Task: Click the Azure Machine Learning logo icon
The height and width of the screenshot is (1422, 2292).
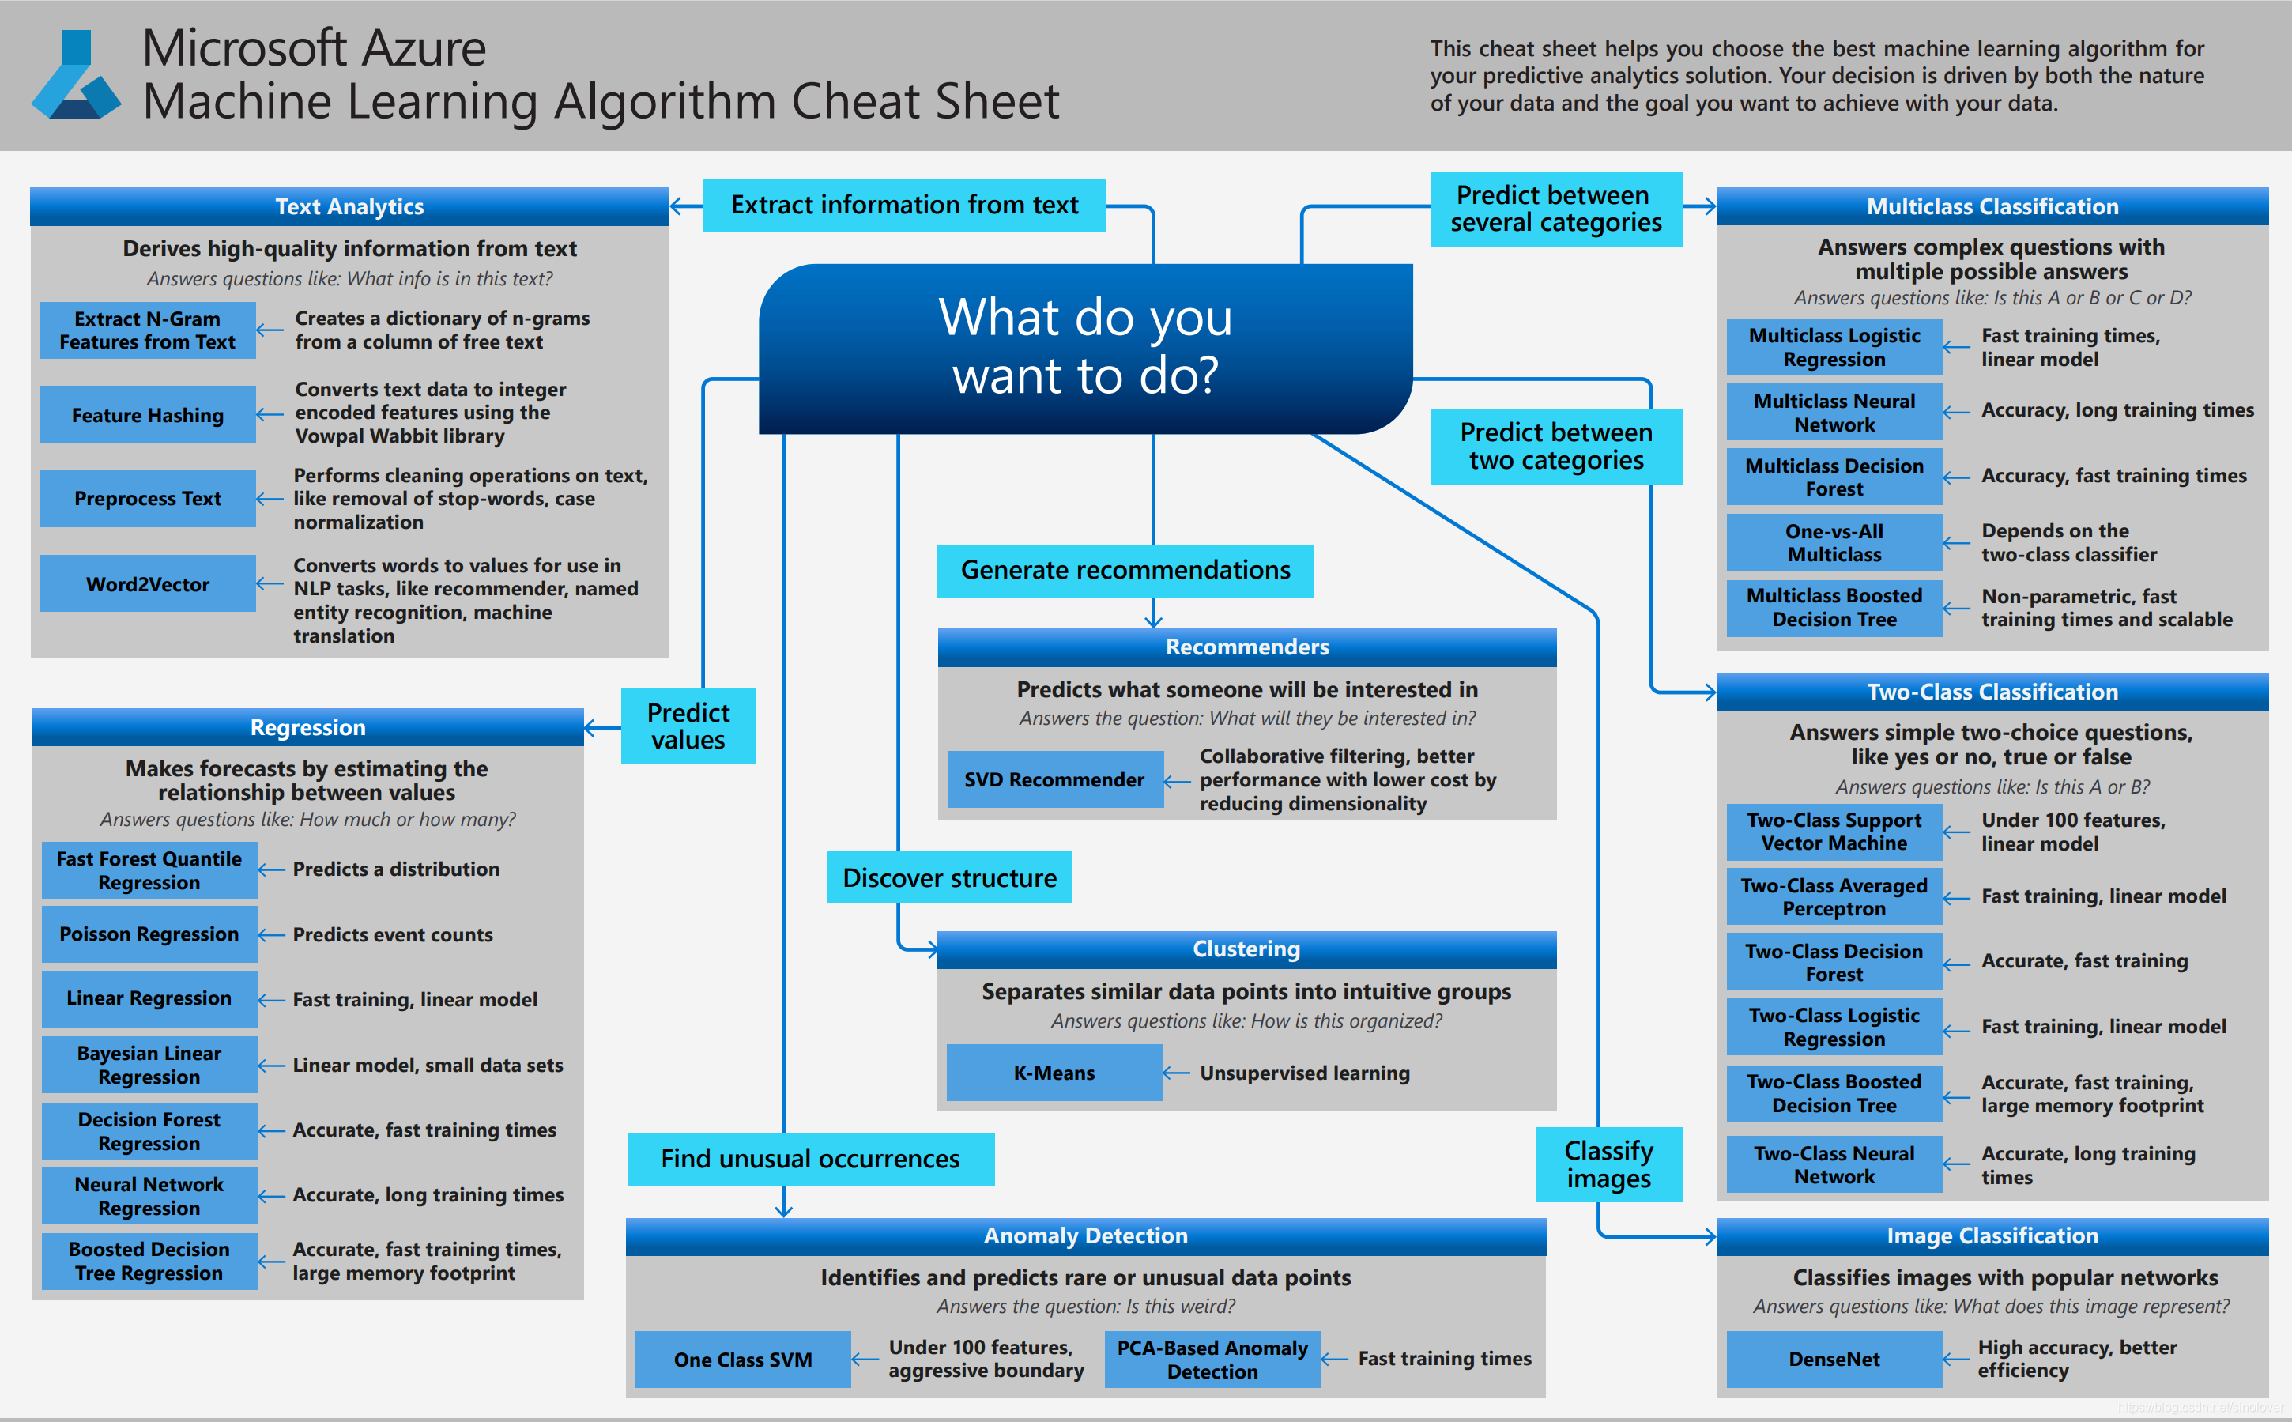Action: click(x=75, y=75)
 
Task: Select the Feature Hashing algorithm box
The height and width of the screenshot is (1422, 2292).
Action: click(x=148, y=415)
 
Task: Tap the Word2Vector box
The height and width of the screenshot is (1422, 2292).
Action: click(x=148, y=584)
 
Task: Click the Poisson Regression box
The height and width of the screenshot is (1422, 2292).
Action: click(x=149, y=934)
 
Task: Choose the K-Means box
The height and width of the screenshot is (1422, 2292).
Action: click(x=1054, y=1073)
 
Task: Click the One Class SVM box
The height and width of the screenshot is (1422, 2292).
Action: click(x=743, y=1359)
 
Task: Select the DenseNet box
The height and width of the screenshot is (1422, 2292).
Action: click(x=1834, y=1359)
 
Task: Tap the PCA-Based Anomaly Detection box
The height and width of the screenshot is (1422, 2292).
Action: click(x=1212, y=1359)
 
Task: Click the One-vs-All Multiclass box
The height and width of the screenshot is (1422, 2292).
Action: click(x=1834, y=543)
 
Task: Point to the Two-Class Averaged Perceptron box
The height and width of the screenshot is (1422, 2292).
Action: click(x=1834, y=896)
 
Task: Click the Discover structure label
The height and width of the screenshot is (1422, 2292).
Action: click(x=949, y=877)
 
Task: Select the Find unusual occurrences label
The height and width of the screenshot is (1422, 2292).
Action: click(x=810, y=1159)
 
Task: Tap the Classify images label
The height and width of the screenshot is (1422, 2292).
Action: click(x=1608, y=1164)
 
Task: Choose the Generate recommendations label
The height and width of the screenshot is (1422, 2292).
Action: click(x=1125, y=570)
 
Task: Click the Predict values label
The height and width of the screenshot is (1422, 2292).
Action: click(x=688, y=726)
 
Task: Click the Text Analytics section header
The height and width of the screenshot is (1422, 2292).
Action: click(x=349, y=207)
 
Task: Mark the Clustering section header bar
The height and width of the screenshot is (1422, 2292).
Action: click(x=1246, y=949)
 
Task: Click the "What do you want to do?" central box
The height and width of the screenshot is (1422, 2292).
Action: click(x=1085, y=347)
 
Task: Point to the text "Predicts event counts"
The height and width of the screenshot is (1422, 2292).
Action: click(x=392, y=935)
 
